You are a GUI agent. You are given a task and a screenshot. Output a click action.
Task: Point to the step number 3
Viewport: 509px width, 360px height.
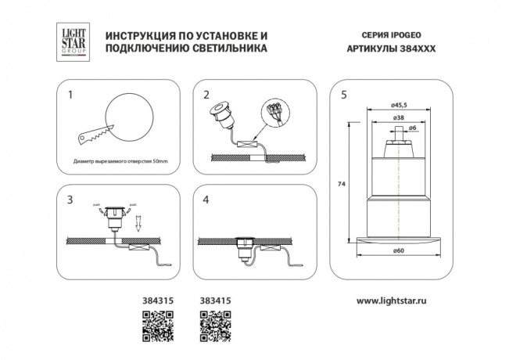point(70,200)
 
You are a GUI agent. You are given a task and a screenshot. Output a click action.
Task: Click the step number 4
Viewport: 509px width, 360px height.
point(206,200)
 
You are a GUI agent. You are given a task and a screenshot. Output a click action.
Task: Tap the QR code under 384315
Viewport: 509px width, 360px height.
point(156,327)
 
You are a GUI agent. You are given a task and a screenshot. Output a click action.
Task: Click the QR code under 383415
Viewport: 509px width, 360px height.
point(214,327)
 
